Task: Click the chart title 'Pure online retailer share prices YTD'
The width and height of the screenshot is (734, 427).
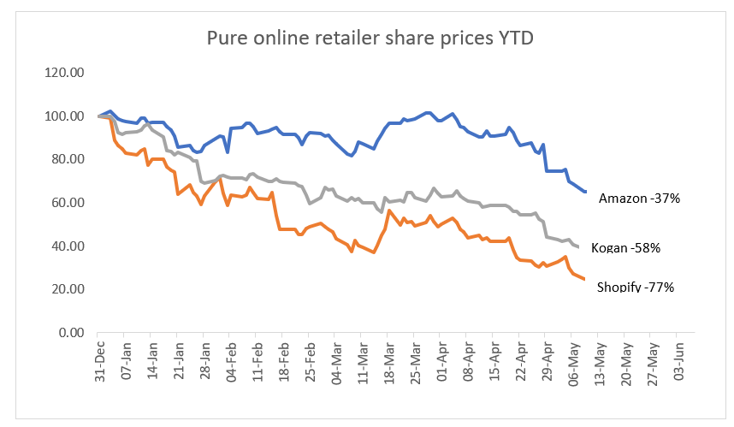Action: coord(370,39)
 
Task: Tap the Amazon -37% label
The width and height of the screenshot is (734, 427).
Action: coord(638,199)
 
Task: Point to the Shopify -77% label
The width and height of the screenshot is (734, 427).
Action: coord(635,288)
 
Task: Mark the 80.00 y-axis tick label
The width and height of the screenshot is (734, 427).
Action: coord(66,159)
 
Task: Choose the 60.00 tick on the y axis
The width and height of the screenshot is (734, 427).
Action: coord(66,203)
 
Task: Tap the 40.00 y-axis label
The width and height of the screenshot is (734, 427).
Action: coord(66,246)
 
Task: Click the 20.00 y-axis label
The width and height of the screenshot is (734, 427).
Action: coord(66,289)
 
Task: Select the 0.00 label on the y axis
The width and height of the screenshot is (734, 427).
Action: coord(68,333)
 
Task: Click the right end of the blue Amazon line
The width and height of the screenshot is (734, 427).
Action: coord(585,192)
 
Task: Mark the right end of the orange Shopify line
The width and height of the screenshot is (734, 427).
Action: coord(583,279)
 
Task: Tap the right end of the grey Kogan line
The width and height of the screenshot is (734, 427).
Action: coord(579,247)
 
